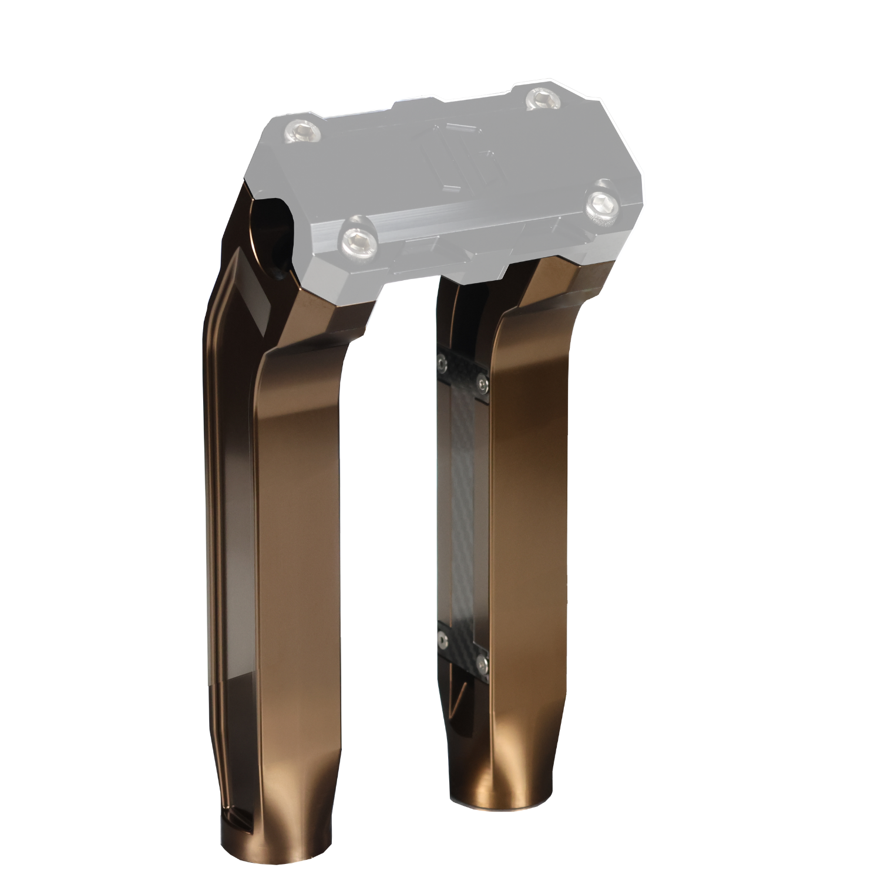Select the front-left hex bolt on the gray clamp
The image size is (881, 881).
click(x=358, y=238)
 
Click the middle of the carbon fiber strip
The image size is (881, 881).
click(x=463, y=511)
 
